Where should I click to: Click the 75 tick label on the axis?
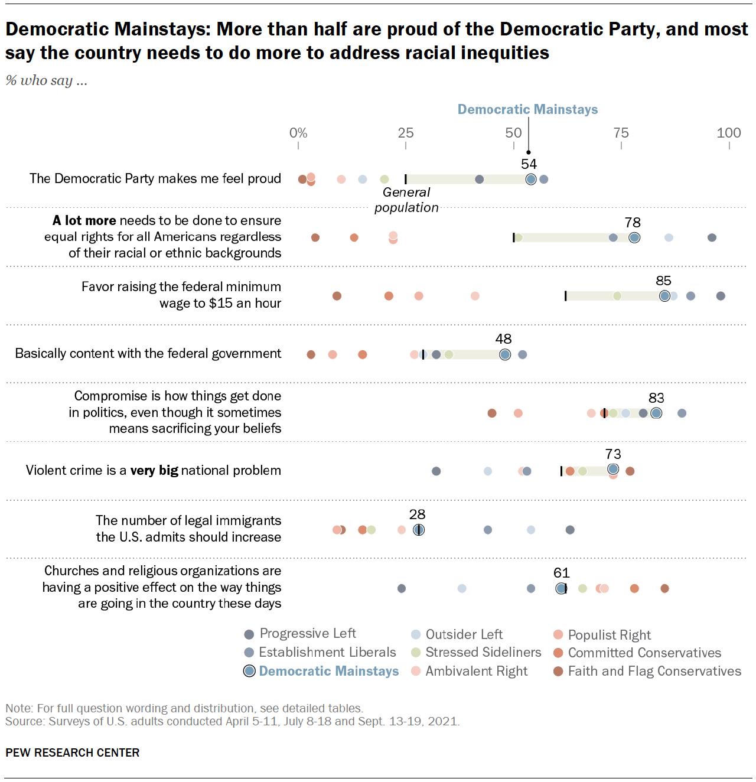click(x=621, y=133)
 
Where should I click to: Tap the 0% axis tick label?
click(x=298, y=133)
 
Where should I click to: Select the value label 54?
click(x=529, y=164)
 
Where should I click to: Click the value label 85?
click(x=663, y=281)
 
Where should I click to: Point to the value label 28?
click(x=417, y=514)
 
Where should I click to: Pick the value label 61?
click(x=561, y=573)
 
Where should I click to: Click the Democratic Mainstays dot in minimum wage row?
click(x=664, y=296)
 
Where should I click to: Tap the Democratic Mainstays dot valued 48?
click(x=504, y=354)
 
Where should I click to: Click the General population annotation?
click(x=406, y=200)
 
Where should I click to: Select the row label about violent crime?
click(x=154, y=471)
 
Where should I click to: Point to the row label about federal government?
click(x=148, y=354)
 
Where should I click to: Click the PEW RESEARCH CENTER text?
click(x=73, y=752)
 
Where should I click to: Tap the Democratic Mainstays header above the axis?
click(x=527, y=109)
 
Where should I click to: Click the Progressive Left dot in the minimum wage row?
click(x=721, y=296)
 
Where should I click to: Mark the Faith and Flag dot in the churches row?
click(x=664, y=588)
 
